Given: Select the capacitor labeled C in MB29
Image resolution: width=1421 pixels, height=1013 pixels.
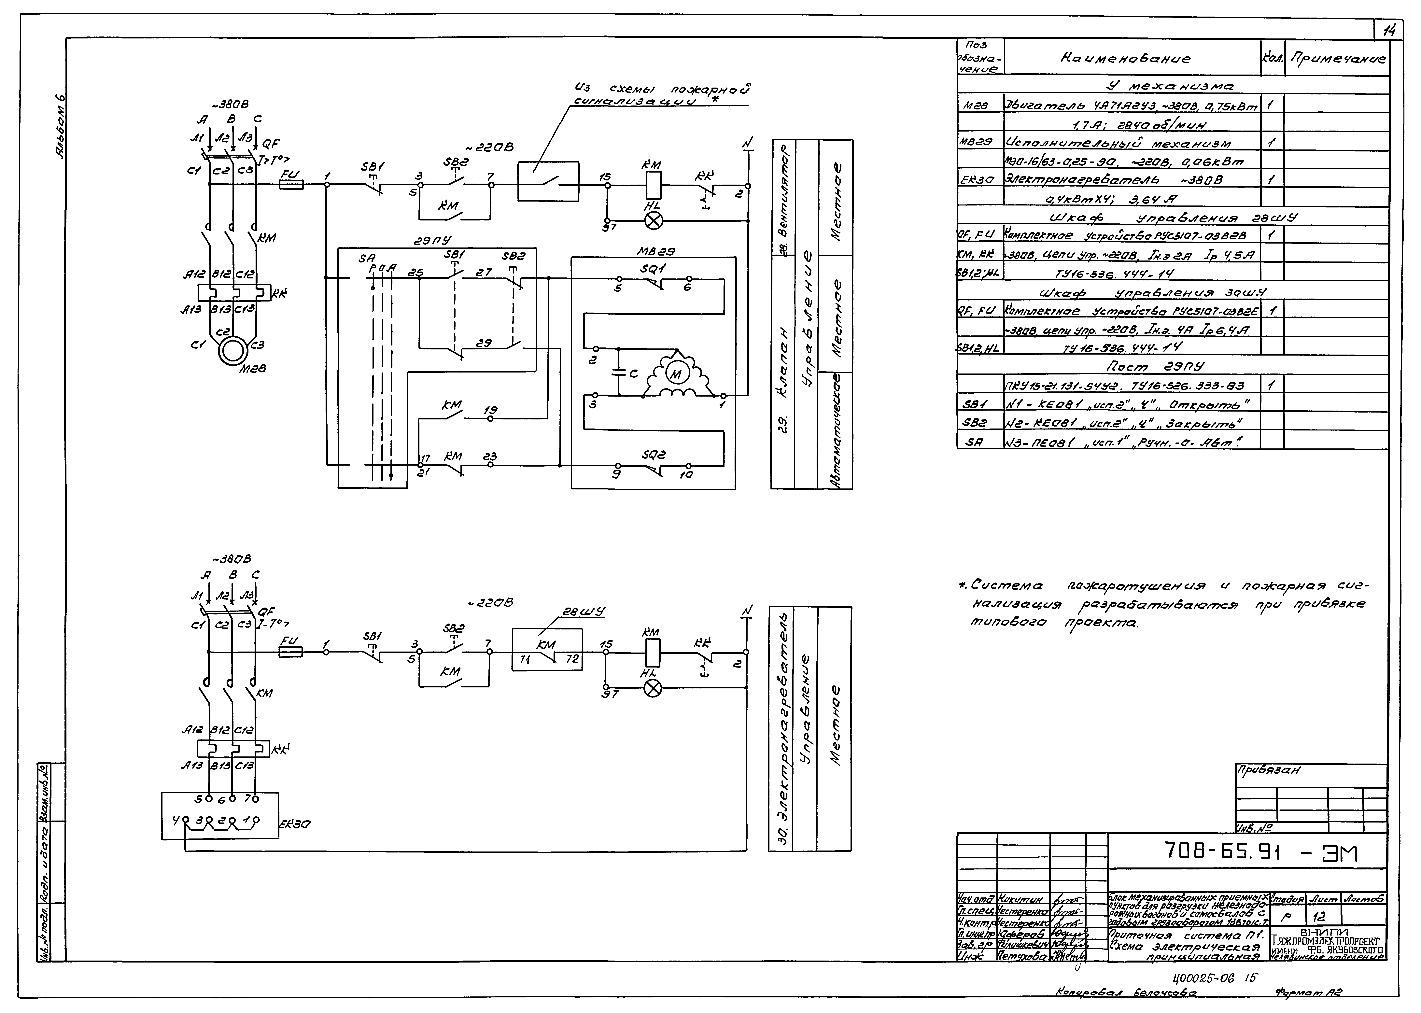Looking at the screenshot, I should (x=619, y=373).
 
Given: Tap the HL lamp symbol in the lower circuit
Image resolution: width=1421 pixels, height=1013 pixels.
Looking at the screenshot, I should (x=653, y=688).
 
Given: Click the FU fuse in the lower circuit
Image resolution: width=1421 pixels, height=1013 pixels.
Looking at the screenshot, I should (x=293, y=652).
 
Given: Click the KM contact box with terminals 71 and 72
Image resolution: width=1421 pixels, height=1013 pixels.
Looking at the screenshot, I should (x=547, y=650).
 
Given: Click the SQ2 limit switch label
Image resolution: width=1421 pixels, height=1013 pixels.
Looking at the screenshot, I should (x=653, y=455).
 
